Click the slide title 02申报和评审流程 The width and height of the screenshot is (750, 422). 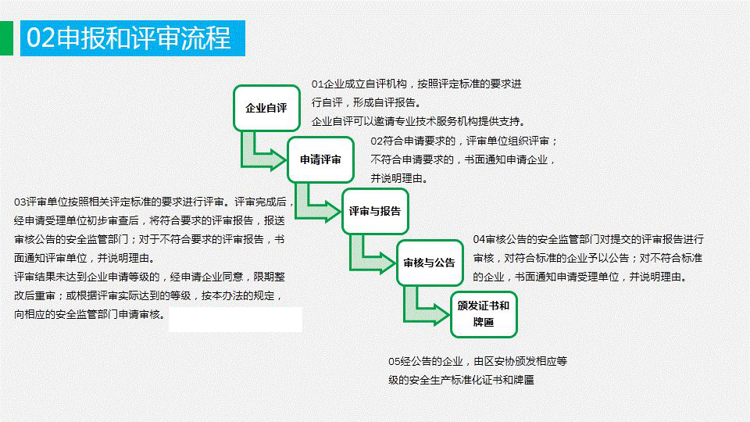click(129, 38)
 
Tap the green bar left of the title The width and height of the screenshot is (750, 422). click(6, 38)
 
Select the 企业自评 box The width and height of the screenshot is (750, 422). click(266, 108)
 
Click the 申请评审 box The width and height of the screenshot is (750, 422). click(320, 159)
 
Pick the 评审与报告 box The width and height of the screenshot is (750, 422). click(375, 212)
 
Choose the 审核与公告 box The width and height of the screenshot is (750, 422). click(430, 263)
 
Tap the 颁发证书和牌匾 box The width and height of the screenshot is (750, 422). click(484, 314)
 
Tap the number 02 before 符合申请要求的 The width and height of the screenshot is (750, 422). click(377, 141)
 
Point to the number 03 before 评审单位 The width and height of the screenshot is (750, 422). click(20, 202)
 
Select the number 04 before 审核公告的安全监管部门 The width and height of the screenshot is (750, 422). click(479, 239)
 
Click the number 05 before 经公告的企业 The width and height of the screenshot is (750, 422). click(394, 361)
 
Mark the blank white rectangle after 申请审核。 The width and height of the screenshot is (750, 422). click(235, 320)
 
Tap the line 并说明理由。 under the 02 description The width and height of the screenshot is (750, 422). click(399, 178)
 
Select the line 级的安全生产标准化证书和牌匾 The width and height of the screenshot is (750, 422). click(461, 380)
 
